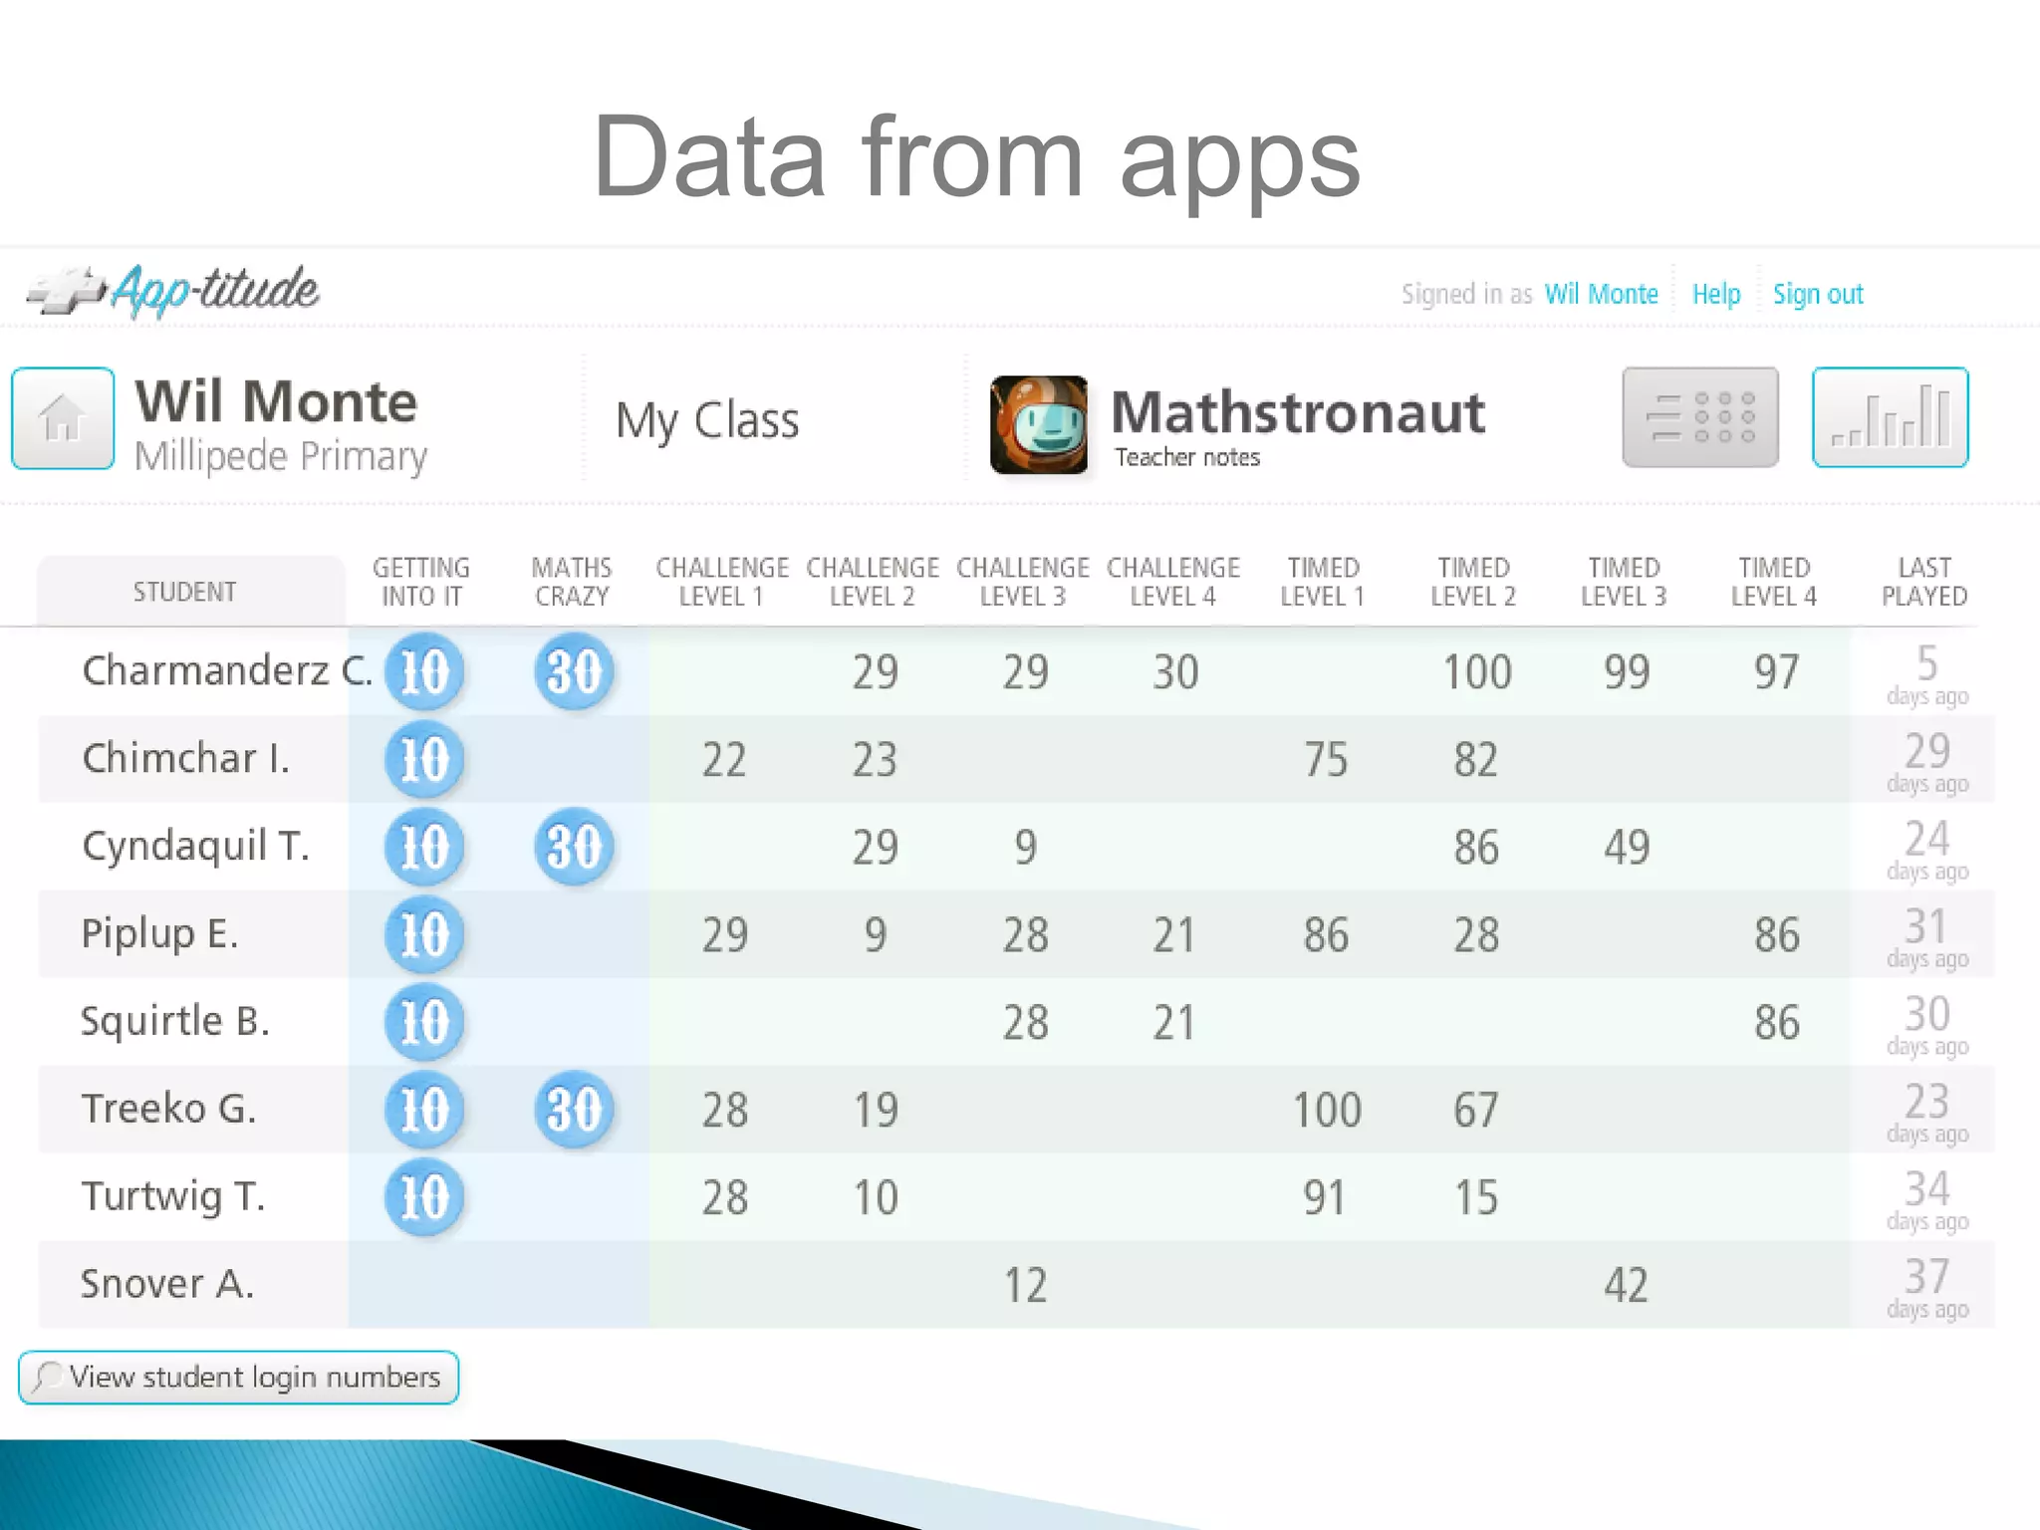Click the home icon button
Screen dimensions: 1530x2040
click(x=63, y=417)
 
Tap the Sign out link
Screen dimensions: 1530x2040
click(x=1817, y=294)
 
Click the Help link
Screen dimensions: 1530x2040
click(x=1715, y=294)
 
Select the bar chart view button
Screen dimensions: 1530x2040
click(x=1890, y=417)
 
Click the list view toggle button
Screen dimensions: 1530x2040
click(x=1699, y=417)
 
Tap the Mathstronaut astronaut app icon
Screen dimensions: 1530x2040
click(x=1038, y=424)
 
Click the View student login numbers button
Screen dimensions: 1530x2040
click(x=239, y=1378)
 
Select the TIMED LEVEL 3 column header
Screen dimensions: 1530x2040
click(x=1624, y=582)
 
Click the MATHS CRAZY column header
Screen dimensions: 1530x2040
click(x=572, y=582)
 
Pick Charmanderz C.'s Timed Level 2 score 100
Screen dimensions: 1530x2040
click(x=1476, y=672)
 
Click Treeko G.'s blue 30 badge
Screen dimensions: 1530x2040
click(x=574, y=1109)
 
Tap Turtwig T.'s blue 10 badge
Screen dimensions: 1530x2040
click(x=424, y=1196)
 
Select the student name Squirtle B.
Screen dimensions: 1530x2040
click(x=175, y=1021)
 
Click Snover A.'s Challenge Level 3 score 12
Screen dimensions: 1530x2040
click(x=1025, y=1285)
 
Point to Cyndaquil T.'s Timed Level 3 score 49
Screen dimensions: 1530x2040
click(x=1626, y=848)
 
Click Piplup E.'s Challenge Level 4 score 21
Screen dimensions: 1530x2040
click(x=1173, y=935)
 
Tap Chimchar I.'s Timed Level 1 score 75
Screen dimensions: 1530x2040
click(x=1325, y=760)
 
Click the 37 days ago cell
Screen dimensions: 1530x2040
click(x=1926, y=1287)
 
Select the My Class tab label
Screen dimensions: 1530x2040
click(x=707, y=420)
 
